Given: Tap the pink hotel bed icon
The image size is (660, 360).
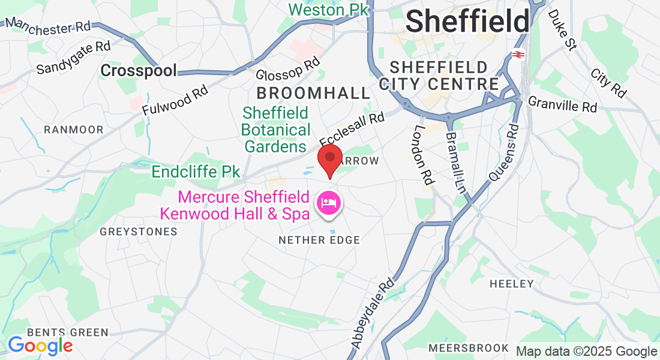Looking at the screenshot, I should click(328, 203).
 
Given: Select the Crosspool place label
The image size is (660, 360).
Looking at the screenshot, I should click(139, 71).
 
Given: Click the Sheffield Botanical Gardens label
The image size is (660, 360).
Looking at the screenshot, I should click(276, 130).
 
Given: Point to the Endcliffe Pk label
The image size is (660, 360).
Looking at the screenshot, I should click(196, 172).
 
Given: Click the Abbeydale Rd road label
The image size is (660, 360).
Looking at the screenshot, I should click(373, 313).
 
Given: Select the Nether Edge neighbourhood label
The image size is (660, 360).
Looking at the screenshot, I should click(319, 240).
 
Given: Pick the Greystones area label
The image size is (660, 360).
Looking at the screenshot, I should click(139, 232).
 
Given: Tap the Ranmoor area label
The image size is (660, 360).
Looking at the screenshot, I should click(74, 130).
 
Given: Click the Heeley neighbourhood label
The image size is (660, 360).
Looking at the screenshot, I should click(511, 283).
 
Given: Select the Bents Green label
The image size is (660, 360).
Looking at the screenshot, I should click(67, 332).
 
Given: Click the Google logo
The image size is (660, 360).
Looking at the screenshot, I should click(40, 346).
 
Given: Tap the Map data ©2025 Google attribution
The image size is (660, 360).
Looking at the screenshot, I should click(586, 352).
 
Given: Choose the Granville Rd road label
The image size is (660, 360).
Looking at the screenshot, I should click(563, 106).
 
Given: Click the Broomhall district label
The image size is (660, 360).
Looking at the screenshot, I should click(314, 93).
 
